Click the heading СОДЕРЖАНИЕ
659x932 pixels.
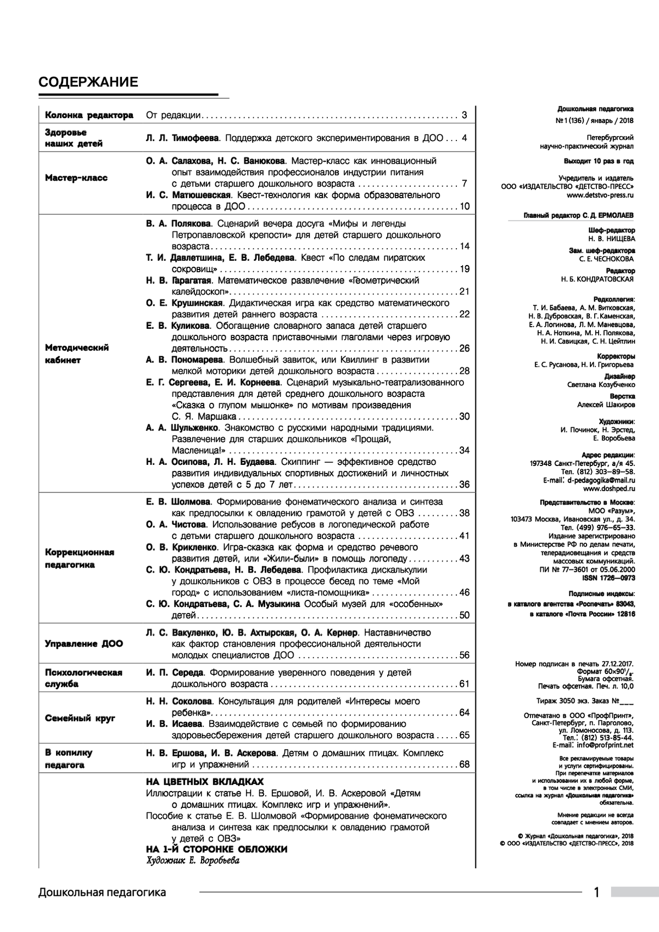pos(88,82)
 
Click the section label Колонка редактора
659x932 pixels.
pos(89,115)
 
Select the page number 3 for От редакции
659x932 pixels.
pos(464,115)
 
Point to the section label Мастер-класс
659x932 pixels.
pos(76,178)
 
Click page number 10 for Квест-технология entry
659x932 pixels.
pos(464,206)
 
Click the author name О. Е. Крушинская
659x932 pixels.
pos(184,303)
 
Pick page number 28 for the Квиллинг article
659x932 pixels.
pos(464,371)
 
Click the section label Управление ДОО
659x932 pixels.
pos(84,643)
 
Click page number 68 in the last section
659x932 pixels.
pos(464,764)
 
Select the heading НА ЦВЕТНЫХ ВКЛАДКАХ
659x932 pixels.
pos(205,782)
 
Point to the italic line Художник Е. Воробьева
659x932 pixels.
pos(193,861)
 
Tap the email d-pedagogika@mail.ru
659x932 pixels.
pos(601,479)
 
